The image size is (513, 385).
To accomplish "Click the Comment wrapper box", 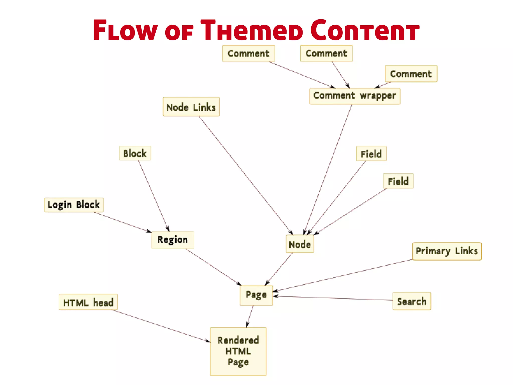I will [x=354, y=96].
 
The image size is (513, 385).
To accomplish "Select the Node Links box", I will [x=191, y=107].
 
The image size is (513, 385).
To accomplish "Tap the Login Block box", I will [x=74, y=205].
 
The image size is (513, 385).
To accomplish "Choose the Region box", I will [x=173, y=240].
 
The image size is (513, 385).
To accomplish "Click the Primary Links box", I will [x=447, y=251].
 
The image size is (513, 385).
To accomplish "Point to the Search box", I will [x=412, y=301].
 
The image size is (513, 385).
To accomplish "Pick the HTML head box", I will [x=88, y=302].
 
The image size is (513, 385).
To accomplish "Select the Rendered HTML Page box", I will [x=238, y=351].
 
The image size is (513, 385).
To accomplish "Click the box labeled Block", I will [x=135, y=153].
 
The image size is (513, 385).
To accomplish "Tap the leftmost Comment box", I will [x=248, y=53].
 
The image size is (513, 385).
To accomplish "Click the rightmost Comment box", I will [x=411, y=74].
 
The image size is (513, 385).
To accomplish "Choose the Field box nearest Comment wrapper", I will [x=371, y=153].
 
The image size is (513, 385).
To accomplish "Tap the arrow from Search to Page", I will [x=333, y=298].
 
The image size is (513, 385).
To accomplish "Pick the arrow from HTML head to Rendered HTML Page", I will [x=160, y=326].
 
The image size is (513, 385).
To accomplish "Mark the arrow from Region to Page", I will [x=213, y=267].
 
